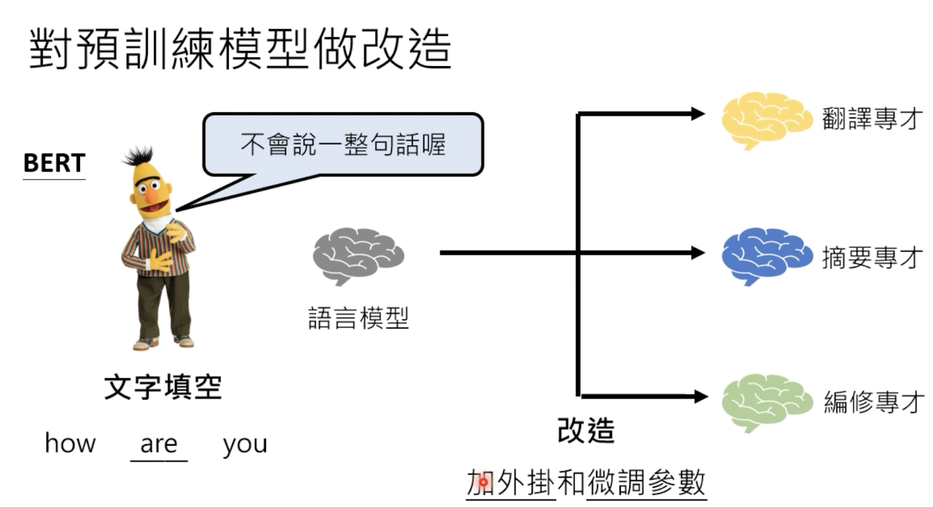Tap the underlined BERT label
(54, 164)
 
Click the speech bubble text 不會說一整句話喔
(342, 144)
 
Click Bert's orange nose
(151, 197)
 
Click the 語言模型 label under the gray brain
(358, 318)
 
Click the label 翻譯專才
(872, 119)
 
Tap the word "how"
(70, 443)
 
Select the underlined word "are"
(158, 444)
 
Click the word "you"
(245, 444)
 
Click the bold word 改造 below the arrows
(585, 431)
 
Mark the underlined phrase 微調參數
(646, 482)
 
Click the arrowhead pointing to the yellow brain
(697, 114)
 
